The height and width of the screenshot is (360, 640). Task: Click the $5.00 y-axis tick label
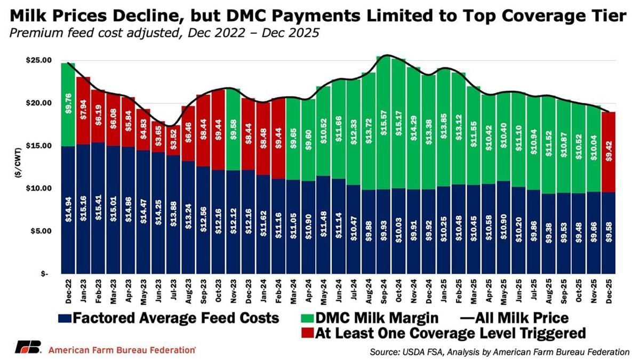[x=39, y=231]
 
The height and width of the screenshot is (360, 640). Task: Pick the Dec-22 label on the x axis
[x=68, y=291]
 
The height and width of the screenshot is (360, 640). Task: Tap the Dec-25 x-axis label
[x=609, y=291]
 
